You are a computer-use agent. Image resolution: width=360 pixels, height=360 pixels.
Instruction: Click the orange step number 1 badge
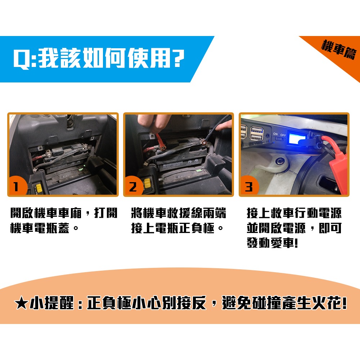[x=16, y=187]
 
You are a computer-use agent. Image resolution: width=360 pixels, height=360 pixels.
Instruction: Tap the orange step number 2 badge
[x=132, y=187]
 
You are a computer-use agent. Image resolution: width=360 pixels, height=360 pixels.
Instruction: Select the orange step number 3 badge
[x=248, y=187]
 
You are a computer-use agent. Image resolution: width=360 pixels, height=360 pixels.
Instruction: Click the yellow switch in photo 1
[x=39, y=188]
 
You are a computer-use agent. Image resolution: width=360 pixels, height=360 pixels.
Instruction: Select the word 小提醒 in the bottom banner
[x=50, y=304]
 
